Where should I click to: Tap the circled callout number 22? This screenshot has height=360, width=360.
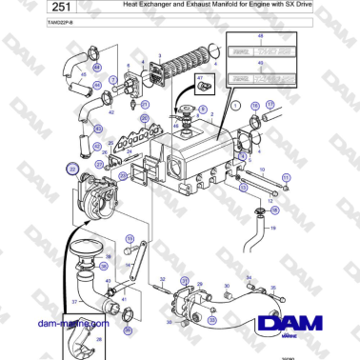(71, 170)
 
